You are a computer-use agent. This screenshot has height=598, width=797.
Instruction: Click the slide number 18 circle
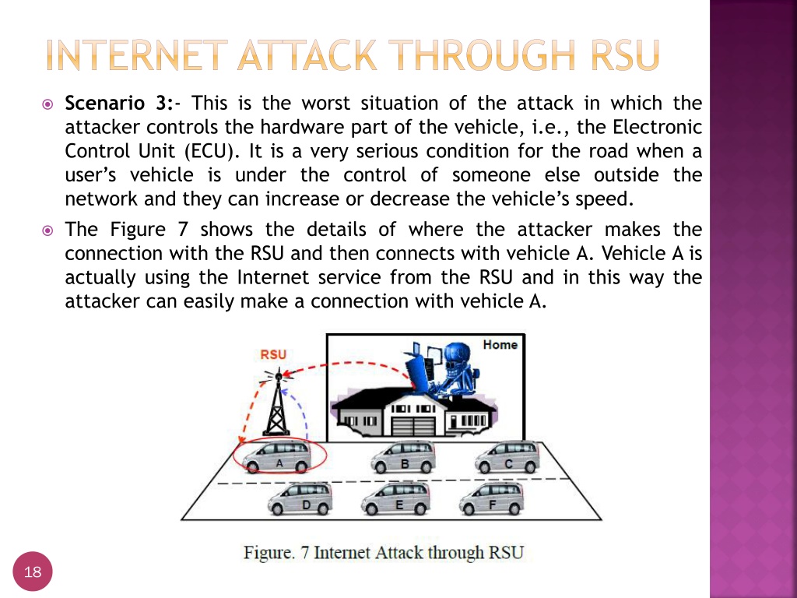coord(33,572)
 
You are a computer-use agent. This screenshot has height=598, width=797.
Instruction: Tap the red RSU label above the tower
coord(273,354)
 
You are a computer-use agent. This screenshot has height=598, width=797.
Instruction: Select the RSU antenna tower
coord(277,404)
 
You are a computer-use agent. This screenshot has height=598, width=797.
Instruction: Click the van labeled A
coord(278,456)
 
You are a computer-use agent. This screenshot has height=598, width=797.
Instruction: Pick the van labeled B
coord(403,456)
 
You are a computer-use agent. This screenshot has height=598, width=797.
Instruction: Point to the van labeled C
coord(507,456)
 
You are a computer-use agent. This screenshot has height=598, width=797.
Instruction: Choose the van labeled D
coord(300,498)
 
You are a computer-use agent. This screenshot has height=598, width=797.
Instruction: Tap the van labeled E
coord(396,498)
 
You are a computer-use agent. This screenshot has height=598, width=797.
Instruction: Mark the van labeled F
coord(492,498)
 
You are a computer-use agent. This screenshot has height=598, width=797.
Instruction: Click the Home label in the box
coord(500,345)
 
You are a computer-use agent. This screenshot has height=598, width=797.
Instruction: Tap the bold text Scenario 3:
coord(119,104)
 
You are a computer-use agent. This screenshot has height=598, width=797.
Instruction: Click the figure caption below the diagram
coord(384,552)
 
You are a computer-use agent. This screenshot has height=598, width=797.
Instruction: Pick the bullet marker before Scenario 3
coord(47,105)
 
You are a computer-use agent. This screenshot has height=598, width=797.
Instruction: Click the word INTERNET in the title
coord(137,55)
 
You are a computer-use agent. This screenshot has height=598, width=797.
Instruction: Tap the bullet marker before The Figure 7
coord(47,230)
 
